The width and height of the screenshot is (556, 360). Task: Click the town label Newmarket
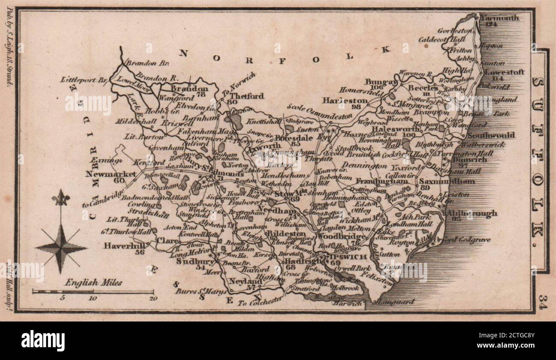pos(111,174)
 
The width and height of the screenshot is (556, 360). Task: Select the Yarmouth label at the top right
pos(500,18)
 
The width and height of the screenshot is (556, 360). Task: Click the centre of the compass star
pos(61,247)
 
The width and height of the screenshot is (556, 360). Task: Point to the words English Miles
pos(94,283)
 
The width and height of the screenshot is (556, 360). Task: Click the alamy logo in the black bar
pos(43,340)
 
